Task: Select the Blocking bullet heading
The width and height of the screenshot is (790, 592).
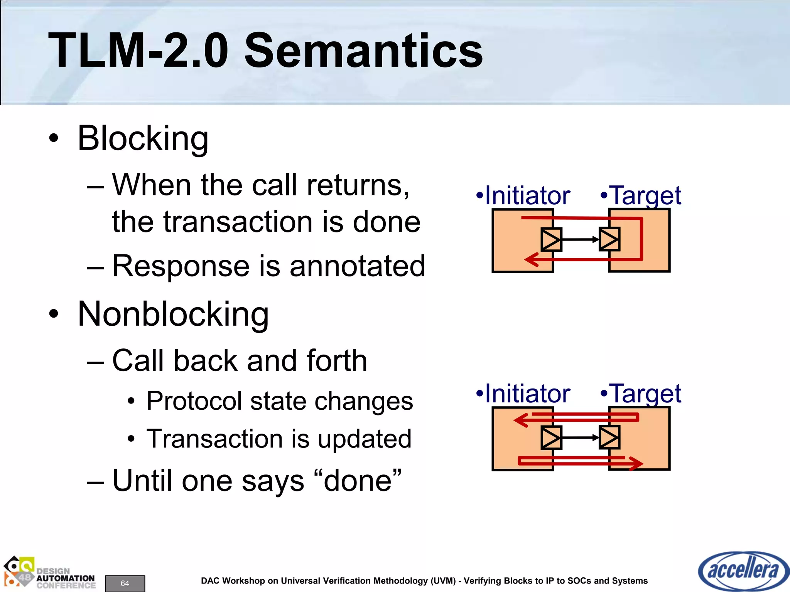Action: tap(143, 139)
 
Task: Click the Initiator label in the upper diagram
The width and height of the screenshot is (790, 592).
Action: tap(527, 196)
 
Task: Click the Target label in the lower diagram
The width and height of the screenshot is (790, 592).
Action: tap(646, 394)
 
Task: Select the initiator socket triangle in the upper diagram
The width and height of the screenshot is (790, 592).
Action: tap(551, 240)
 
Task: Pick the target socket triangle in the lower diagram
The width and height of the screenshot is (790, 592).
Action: tap(609, 437)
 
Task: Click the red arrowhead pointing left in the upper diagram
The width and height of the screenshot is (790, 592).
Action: tap(531, 259)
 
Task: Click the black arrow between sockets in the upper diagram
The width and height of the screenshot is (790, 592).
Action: tap(580, 240)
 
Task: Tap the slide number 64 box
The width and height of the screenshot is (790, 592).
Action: tap(125, 583)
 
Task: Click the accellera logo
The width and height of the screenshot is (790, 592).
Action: tap(743, 571)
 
